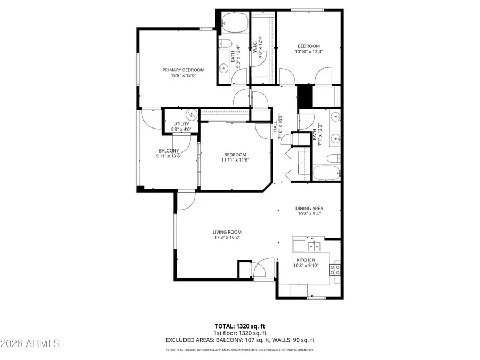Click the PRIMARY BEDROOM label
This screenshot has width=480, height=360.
coord(183,70)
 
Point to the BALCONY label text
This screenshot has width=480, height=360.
coord(168,150)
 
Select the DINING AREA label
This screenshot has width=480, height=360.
coord(309,209)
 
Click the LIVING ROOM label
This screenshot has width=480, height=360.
coord(227,232)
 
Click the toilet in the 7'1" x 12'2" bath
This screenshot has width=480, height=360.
coord(332,158)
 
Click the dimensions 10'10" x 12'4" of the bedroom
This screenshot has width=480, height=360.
coord(309,52)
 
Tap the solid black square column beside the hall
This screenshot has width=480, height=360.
coord(305,96)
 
